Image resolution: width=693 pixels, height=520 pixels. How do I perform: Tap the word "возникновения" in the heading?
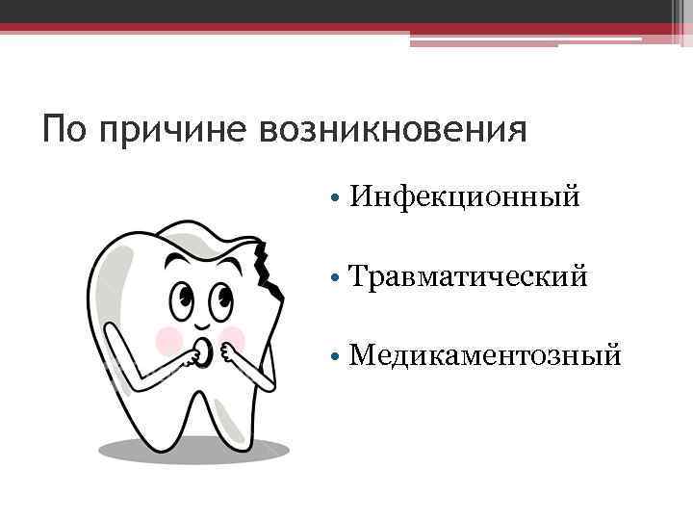pos(395,128)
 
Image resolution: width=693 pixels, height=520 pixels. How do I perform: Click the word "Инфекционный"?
pos(465,197)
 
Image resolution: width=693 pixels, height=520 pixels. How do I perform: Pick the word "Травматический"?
pos(469,277)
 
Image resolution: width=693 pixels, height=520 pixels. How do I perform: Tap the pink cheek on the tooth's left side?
pos(169,338)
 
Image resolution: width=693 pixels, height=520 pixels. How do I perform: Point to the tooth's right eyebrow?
pos(229,257)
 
